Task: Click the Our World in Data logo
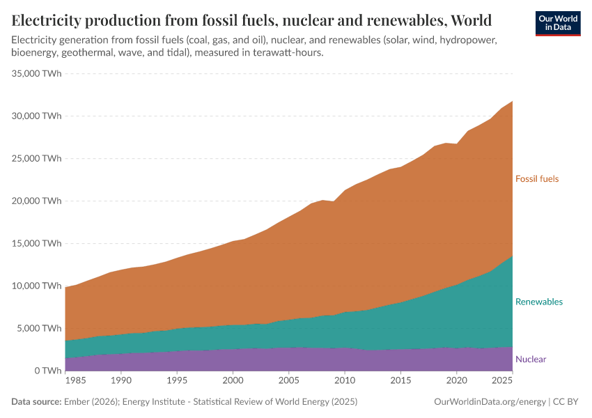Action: point(558,23)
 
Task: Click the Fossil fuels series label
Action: point(536,179)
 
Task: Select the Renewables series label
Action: point(538,302)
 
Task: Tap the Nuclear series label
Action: point(531,359)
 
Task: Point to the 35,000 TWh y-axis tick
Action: point(38,73)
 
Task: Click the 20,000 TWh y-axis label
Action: point(38,201)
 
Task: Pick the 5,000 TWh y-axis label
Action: point(40,328)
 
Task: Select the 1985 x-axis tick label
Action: point(77,382)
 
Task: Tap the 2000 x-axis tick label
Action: point(233,382)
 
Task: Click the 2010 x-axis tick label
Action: point(344,382)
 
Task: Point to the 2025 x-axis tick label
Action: point(501,382)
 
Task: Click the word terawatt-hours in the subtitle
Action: point(285,53)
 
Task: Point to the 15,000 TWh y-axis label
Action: point(38,243)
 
